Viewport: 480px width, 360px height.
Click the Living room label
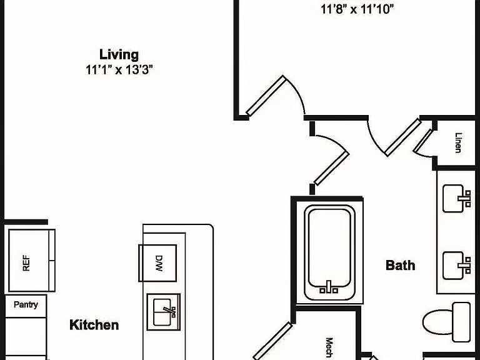tap(119, 55)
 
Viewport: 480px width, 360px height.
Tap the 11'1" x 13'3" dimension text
tap(119, 70)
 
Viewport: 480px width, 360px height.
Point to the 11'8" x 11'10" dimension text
tap(357, 9)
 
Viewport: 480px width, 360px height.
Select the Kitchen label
tap(94, 325)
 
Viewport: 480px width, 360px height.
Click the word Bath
tap(401, 265)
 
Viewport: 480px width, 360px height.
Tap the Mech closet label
tap(329, 347)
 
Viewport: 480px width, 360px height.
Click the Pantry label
tap(26, 304)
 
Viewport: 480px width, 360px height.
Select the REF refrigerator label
tap(26, 263)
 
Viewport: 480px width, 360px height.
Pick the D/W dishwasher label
tap(159, 264)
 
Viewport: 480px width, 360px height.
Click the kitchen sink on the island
tap(164, 312)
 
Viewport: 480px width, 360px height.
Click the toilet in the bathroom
tap(447, 322)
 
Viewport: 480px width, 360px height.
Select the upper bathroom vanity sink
tap(457, 198)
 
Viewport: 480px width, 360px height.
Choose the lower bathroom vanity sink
tap(457, 266)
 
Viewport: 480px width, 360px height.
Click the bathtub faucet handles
tap(329, 288)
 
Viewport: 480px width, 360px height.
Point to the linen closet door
tap(422, 141)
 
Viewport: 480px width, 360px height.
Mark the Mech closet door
tap(272, 341)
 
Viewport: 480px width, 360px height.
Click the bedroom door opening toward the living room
tap(266, 96)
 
